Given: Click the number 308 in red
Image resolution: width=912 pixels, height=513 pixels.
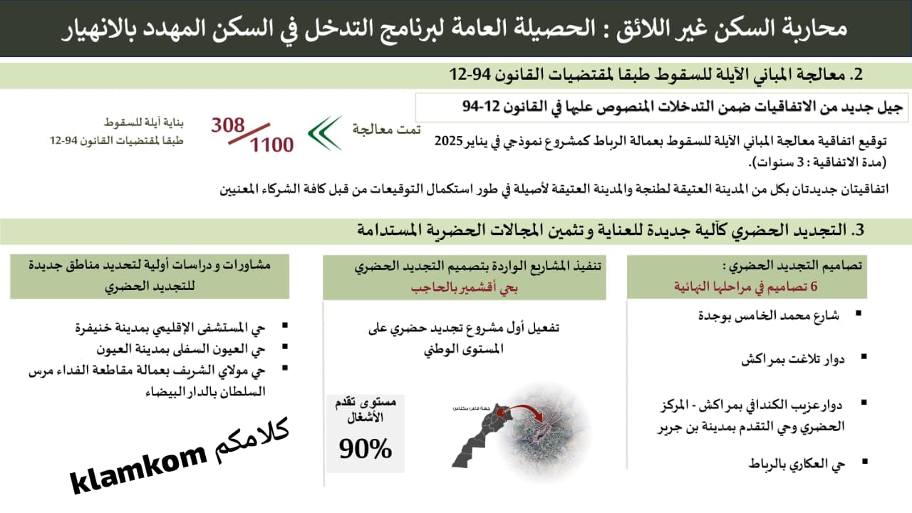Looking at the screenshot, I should click(x=227, y=125).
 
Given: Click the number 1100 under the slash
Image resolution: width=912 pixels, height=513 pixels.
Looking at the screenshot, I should click(x=271, y=145).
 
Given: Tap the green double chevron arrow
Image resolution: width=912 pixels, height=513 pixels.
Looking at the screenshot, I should click(x=324, y=133).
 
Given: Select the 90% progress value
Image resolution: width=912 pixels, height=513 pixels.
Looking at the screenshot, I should click(x=366, y=447).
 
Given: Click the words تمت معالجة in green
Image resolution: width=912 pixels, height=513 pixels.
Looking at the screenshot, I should click(x=386, y=129).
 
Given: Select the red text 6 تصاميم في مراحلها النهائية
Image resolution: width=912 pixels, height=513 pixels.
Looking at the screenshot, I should click(x=747, y=286).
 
